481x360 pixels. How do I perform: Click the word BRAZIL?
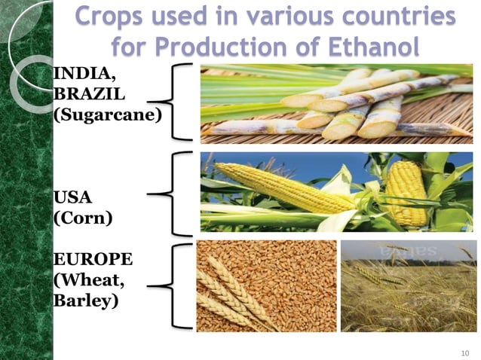(81, 97)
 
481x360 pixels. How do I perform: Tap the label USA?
(72, 198)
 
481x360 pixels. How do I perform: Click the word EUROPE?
(93, 261)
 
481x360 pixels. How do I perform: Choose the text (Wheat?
(85, 281)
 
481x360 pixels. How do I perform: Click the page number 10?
(464, 352)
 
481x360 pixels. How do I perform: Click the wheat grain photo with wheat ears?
(266, 286)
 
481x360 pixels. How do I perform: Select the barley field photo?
(408, 286)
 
